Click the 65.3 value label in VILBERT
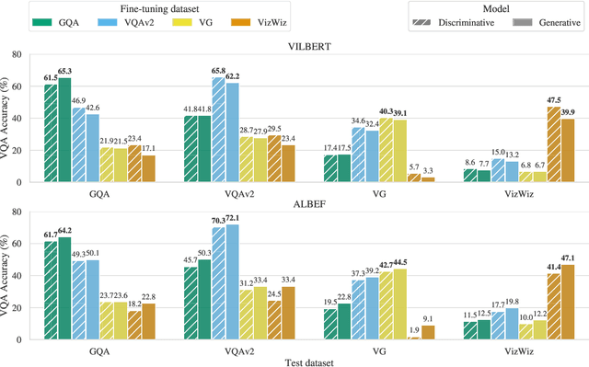pyautogui.click(x=65, y=70)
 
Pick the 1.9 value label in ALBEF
pyautogui.click(x=415, y=329)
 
